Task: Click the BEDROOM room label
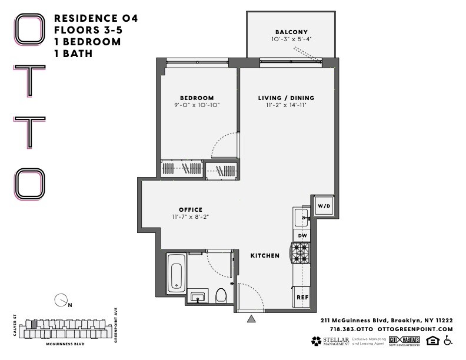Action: coord(197,98)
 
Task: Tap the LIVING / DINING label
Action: coord(286,98)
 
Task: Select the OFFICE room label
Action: coord(191,209)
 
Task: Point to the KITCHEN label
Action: coord(265,256)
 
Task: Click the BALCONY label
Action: coord(291,32)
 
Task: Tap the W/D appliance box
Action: coord(324,206)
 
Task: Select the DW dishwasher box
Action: coord(302,236)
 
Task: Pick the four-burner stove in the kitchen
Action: coord(301,254)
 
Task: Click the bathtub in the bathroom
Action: coord(177,274)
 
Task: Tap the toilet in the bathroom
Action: coord(221,294)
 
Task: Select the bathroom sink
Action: coord(198,296)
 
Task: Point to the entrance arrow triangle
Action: coord(252,319)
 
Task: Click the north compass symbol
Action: coord(60,300)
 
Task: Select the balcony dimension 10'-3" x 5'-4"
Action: coord(291,39)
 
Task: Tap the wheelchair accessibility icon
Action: coord(447,341)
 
